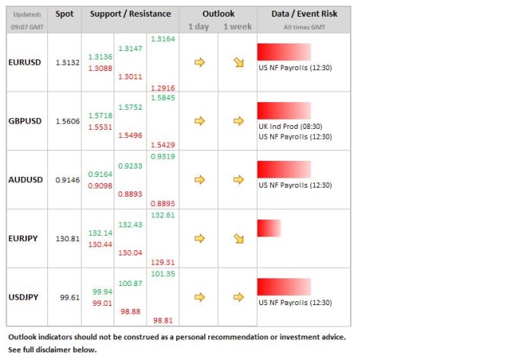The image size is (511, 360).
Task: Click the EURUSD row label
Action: coord(25,63)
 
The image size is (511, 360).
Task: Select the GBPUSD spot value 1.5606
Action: coord(67,121)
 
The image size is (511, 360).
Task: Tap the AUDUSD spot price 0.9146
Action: coord(67,180)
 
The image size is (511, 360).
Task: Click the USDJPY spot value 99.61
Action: coord(69,297)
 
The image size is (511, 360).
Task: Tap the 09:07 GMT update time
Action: coord(27,27)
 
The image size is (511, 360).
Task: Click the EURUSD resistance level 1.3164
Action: coord(163,39)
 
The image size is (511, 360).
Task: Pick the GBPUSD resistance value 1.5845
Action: coord(163,98)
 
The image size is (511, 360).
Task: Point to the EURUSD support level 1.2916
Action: coord(163,88)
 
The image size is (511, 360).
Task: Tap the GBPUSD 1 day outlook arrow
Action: coord(200,121)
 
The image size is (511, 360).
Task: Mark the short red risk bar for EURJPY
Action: coord(268,228)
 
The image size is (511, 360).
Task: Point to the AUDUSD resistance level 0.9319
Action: coord(163,156)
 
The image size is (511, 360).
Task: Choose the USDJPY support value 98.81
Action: coord(163,321)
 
